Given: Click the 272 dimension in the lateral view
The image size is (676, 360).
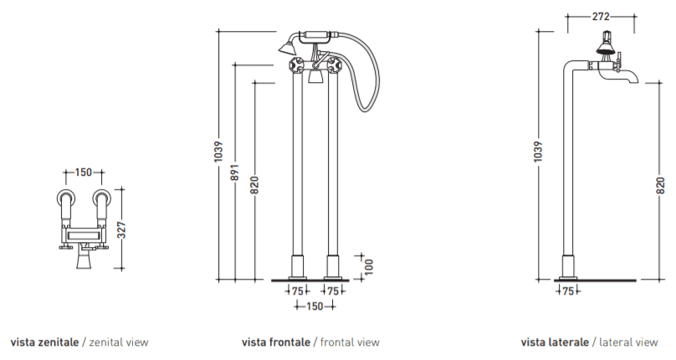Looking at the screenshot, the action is (x=601, y=17).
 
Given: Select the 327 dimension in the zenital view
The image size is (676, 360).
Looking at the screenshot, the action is (x=122, y=229).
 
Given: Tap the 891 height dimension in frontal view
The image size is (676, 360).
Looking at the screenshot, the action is (x=235, y=172).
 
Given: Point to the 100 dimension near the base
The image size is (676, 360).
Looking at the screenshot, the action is (x=369, y=267).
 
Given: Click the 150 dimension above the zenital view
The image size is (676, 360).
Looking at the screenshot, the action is (x=83, y=172).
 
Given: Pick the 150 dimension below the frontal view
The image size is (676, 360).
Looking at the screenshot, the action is (x=315, y=306).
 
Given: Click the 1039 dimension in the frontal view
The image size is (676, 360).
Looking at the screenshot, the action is (x=218, y=152).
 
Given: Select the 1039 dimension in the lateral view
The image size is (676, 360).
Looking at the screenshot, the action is (x=538, y=152).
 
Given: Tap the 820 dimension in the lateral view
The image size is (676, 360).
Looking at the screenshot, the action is (x=661, y=186).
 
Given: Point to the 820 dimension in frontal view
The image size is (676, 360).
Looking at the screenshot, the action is (x=255, y=186).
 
